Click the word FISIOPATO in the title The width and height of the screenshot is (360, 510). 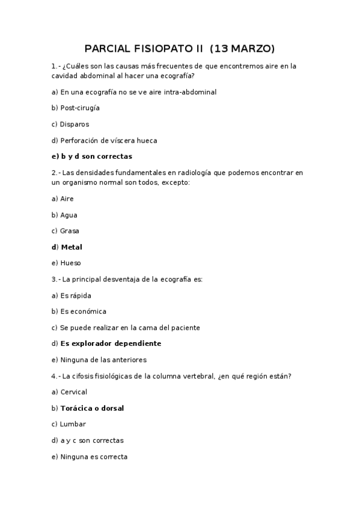[x=154, y=48]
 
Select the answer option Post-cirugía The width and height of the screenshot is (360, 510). [x=80, y=108]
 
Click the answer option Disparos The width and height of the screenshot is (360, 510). [x=75, y=124]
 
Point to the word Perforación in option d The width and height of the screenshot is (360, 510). [x=81, y=141]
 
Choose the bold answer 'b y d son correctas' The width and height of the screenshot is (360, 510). [x=96, y=156]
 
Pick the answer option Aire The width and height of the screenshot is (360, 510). [x=67, y=198]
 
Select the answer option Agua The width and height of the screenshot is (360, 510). [x=69, y=215]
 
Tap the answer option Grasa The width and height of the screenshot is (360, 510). [x=70, y=231]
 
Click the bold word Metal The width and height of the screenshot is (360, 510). [x=72, y=247]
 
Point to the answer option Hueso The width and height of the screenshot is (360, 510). [x=71, y=263]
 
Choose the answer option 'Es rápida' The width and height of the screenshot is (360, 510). [x=76, y=295]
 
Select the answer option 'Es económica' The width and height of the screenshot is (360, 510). [x=84, y=312]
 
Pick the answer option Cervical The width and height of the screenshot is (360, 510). [x=74, y=392]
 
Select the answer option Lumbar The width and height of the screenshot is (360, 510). [x=73, y=424]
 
